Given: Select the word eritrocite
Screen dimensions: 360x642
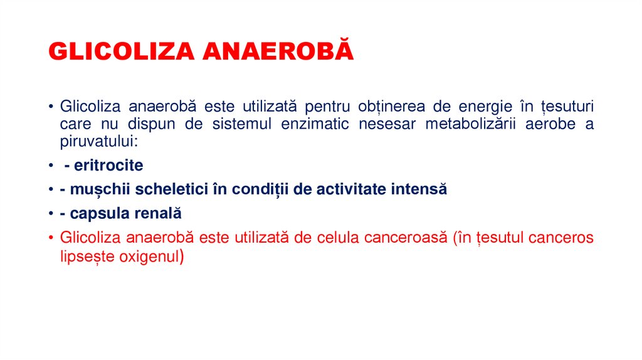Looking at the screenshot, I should click(x=108, y=166).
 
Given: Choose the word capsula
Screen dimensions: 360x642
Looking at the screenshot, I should click(x=101, y=213).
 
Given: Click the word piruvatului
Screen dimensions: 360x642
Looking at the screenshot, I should click(x=98, y=141).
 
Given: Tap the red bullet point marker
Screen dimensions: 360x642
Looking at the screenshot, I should click(x=51, y=238).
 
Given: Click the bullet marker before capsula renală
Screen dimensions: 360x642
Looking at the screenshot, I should click(x=51, y=213).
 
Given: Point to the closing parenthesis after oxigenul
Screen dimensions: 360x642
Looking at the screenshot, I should click(x=181, y=256).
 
